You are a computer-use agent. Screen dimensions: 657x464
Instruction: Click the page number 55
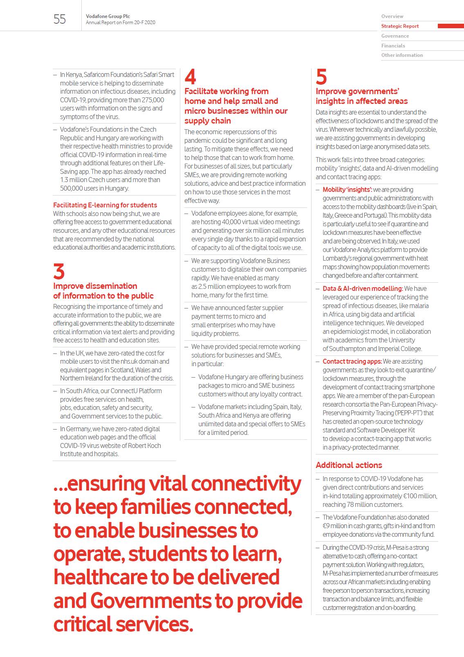click(x=59, y=19)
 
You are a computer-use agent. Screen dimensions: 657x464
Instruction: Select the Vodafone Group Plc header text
click(x=108, y=16)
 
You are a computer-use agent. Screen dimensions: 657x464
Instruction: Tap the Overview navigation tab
click(x=392, y=16)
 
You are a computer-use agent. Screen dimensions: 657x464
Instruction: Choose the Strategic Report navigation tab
click(x=400, y=26)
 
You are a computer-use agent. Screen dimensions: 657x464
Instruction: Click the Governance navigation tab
click(x=395, y=36)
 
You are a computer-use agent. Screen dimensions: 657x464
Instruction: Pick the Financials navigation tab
click(x=393, y=46)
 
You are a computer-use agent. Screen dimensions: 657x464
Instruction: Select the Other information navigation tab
click(x=402, y=55)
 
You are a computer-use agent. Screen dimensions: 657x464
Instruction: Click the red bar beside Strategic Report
click(x=451, y=26)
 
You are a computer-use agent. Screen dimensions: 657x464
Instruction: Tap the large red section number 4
click(x=190, y=77)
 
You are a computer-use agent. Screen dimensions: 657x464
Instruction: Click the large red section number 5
click(x=321, y=77)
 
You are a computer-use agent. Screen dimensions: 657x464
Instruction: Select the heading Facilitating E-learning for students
click(x=105, y=205)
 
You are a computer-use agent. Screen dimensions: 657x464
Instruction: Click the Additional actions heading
click(x=349, y=465)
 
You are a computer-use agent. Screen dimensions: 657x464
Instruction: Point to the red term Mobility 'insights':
click(x=347, y=190)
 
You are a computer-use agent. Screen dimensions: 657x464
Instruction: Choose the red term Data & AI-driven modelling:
click(x=363, y=289)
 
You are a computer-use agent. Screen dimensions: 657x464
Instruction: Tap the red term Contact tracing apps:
click(x=352, y=362)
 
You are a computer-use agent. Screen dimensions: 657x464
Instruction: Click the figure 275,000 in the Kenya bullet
click(x=153, y=100)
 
